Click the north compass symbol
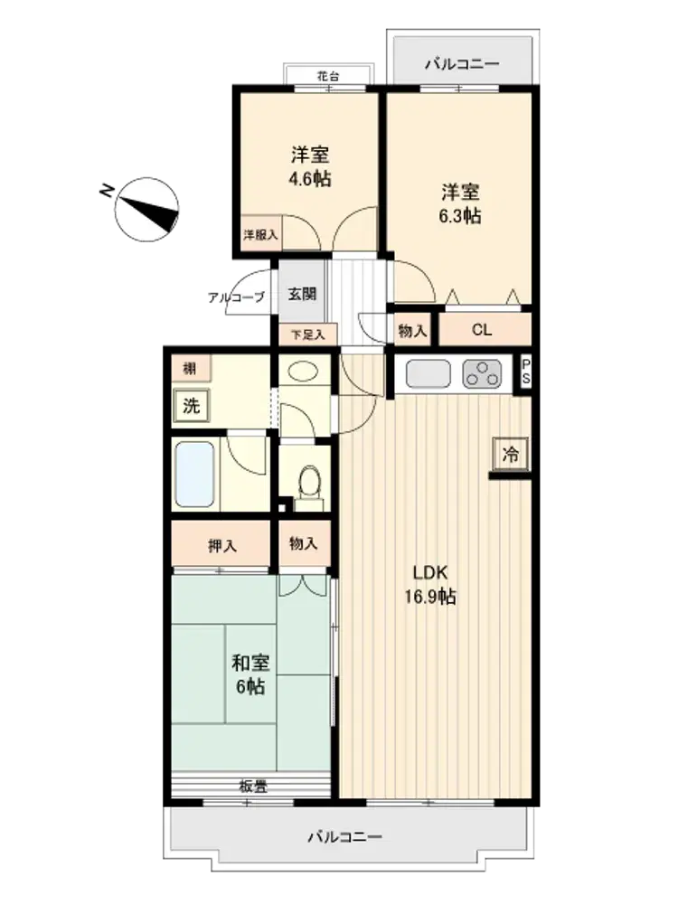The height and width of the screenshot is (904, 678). point(146,210)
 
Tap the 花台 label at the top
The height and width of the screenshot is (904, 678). point(327,76)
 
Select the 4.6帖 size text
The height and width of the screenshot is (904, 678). point(310,179)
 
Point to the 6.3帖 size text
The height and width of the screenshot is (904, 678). point(460,216)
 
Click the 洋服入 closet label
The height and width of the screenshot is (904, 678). point(260,235)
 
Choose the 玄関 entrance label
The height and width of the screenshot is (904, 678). point(302,294)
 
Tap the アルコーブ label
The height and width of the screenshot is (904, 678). point(236,297)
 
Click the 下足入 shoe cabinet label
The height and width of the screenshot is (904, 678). point(307,334)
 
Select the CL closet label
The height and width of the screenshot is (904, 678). point(482,330)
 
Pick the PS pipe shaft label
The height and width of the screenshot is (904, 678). point(526,372)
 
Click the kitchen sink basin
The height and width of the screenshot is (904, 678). point(428,374)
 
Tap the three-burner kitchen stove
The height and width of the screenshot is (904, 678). point(482,374)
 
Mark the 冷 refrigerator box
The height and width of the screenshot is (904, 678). point(510,455)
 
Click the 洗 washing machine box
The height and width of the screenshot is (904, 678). point(191,406)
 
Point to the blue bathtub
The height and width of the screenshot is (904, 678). point(194,474)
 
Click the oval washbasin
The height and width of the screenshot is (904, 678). point(303,372)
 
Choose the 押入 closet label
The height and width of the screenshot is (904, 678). point(222,545)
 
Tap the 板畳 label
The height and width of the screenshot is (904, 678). point(253,786)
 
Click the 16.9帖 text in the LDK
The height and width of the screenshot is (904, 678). point(430,596)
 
